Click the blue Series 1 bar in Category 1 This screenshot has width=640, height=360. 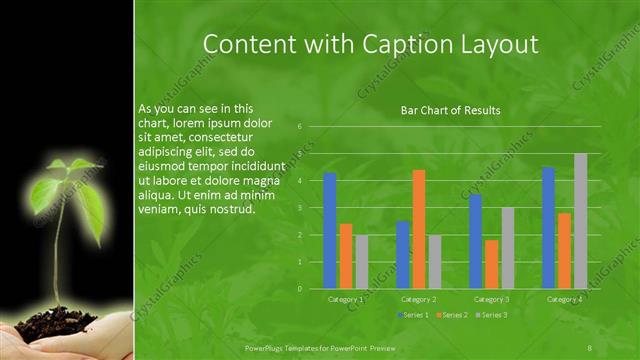pyautogui.click(x=330, y=231)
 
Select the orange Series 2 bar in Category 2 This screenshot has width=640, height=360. pyautogui.click(x=418, y=229)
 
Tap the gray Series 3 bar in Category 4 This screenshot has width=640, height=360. pyautogui.click(x=580, y=221)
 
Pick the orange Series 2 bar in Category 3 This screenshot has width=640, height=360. pyautogui.click(x=491, y=264)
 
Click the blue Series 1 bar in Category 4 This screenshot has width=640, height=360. pyautogui.click(x=548, y=228)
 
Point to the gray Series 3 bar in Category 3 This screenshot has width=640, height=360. pyautogui.click(x=507, y=248)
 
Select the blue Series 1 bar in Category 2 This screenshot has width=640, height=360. pyautogui.click(x=402, y=255)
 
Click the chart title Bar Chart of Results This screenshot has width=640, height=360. pyautogui.click(x=450, y=111)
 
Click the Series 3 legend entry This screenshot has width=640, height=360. pyautogui.click(x=491, y=315)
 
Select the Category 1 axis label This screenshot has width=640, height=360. pyautogui.click(x=346, y=299)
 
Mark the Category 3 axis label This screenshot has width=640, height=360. pyautogui.click(x=491, y=299)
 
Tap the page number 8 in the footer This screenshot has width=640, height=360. pyautogui.click(x=590, y=346)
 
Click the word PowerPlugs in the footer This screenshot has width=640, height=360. pyautogui.click(x=267, y=346)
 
